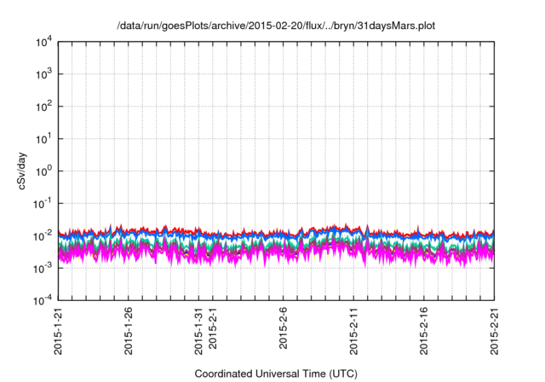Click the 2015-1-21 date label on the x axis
click(59, 332)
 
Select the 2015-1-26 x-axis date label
click(129, 332)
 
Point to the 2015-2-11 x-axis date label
click(353, 332)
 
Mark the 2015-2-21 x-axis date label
click(494, 332)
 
